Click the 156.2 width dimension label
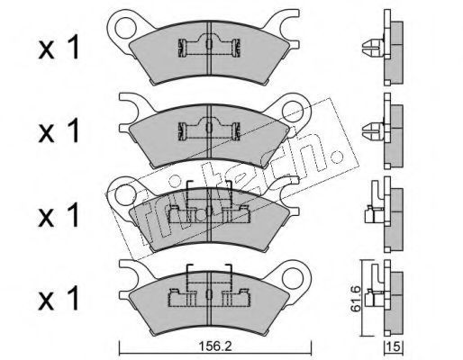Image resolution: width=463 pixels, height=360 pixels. point(215,347)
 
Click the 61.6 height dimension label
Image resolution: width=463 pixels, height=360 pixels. point(356,299)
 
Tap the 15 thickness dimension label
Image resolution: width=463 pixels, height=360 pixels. point(395,347)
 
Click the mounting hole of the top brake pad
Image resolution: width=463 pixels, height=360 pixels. point(124,28)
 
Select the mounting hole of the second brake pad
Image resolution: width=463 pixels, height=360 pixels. point(293,111)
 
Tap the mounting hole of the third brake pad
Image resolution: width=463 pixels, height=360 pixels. point(124,194)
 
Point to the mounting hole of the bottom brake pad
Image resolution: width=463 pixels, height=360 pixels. point(293,277)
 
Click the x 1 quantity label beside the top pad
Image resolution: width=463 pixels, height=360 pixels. point(59,48)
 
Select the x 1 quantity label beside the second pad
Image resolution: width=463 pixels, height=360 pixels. point(59,130)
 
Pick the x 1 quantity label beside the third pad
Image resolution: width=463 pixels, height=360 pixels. point(59,214)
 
